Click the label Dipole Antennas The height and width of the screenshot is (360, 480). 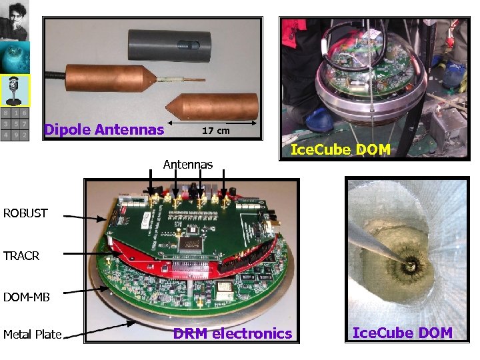click(x=104, y=129)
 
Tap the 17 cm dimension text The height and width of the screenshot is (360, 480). click(x=215, y=131)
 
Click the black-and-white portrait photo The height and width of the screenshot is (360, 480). click(x=15, y=21)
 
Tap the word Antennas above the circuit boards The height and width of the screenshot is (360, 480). click(x=188, y=164)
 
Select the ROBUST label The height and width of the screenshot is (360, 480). click(x=25, y=213)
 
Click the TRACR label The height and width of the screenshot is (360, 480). click(x=22, y=255)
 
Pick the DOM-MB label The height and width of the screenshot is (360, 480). click(x=27, y=297)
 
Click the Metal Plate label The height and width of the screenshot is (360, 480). click(x=32, y=334)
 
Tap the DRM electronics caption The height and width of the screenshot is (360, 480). click(x=233, y=333)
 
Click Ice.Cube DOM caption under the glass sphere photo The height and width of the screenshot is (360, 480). click(x=340, y=149)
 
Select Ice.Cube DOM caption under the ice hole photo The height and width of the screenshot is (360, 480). click(x=402, y=333)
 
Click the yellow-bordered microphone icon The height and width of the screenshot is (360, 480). click(x=15, y=91)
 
